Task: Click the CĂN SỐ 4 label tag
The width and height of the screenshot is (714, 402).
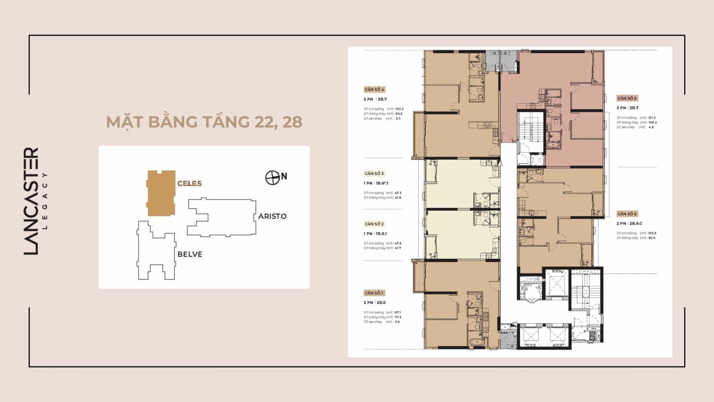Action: pos(374,90)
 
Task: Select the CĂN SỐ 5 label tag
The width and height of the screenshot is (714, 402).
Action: pos(627,98)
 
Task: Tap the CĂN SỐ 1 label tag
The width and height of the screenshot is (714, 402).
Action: pos(374,293)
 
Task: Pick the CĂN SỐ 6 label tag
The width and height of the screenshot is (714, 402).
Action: pos(627,214)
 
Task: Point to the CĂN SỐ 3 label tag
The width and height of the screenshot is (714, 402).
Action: pos(374,173)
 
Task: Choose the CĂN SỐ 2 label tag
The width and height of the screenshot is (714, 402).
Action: pos(374,224)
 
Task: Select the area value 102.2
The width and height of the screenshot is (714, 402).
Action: pos(399,109)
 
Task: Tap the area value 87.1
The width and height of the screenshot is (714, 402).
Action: pos(398,312)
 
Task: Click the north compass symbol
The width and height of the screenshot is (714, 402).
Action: pos(272,178)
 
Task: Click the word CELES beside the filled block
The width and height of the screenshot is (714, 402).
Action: pos(189,183)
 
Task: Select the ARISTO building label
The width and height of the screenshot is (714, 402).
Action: pos(272,216)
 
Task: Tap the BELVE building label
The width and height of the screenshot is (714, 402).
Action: pos(190,254)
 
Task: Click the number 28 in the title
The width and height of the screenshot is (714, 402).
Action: pos(292,122)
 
